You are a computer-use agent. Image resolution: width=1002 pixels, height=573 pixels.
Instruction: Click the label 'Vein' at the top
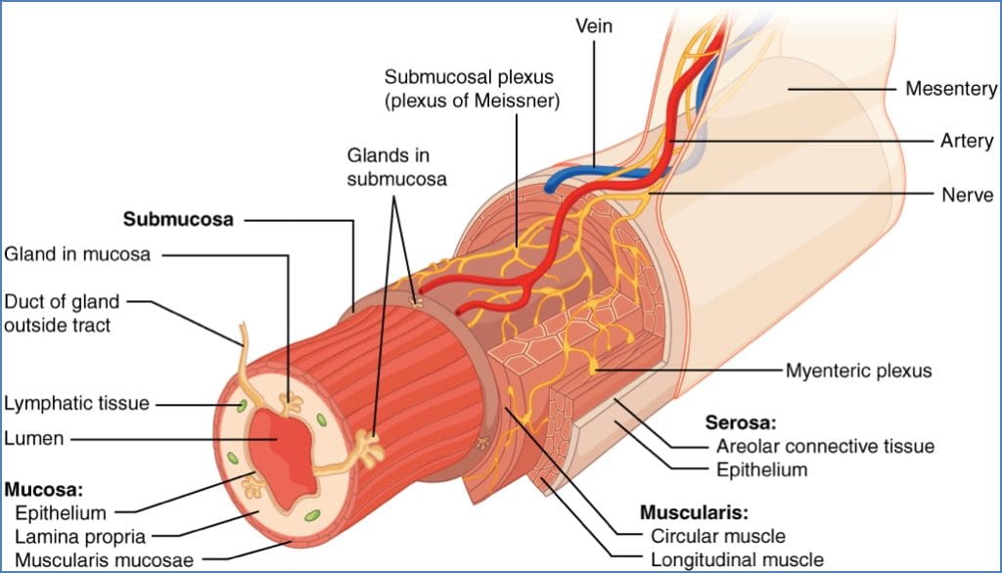(x=593, y=26)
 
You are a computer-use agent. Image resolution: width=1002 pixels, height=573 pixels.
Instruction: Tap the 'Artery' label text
(x=967, y=141)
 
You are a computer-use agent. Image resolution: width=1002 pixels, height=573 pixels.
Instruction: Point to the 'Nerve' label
(x=967, y=194)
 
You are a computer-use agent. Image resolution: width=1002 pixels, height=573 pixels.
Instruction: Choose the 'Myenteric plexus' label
(x=859, y=371)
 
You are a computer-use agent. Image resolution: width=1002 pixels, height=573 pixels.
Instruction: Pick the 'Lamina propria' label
(x=81, y=536)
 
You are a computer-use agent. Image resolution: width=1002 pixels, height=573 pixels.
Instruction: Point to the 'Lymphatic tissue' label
(x=75, y=403)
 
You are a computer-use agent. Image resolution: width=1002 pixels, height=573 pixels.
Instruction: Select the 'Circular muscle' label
(x=717, y=536)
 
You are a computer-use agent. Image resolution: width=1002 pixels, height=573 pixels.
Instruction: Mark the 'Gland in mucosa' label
(x=78, y=254)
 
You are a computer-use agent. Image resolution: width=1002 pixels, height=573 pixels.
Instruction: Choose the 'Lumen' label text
(x=33, y=439)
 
